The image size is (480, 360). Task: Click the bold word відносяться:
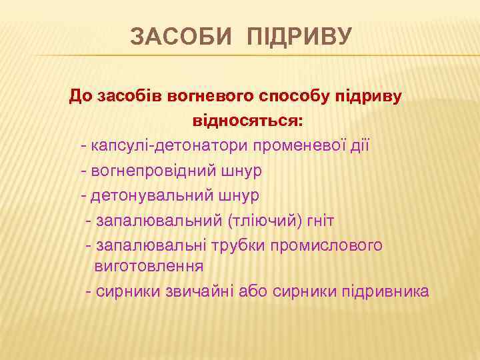tap(247, 122)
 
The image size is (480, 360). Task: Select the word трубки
tap(237, 245)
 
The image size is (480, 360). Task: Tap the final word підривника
tap(385, 291)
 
